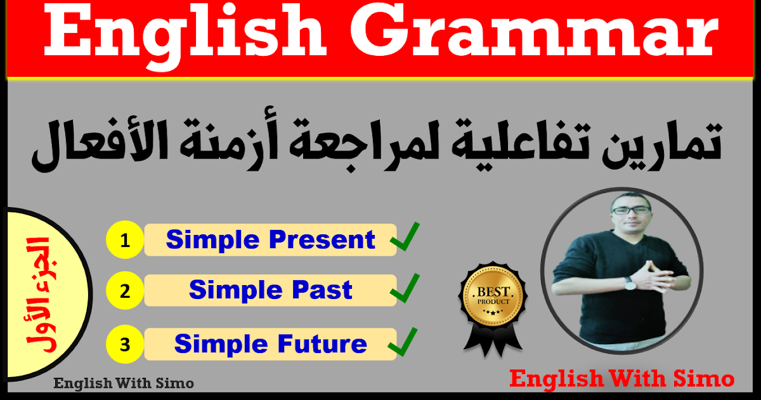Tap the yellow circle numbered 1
click(125, 240)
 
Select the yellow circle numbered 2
click(125, 291)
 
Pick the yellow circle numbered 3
click(125, 345)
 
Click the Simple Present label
click(271, 240)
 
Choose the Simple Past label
click(271, 291)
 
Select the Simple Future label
click(271, 344)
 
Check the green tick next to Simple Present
click(405, 238)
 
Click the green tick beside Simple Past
click(405, 290)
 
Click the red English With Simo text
click(621, 379)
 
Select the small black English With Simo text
click(124, 383)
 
